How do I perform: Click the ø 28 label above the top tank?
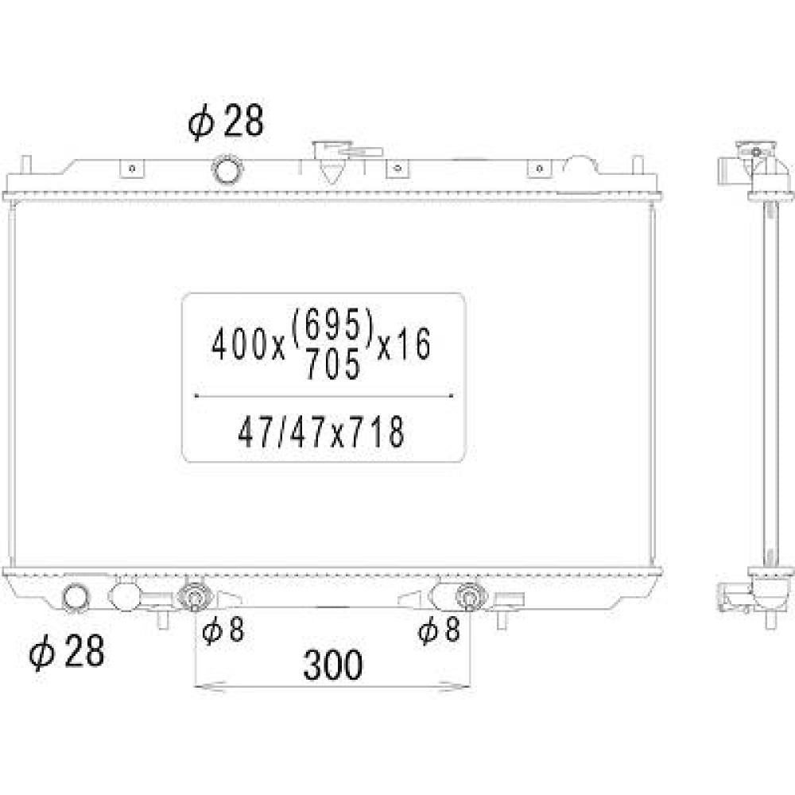(226, 121)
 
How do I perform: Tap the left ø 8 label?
(223, 630)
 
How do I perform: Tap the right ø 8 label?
(439, 630)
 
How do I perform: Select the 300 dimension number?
(333, 664)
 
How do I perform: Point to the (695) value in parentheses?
(332, 325)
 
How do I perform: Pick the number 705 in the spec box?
(332, 363)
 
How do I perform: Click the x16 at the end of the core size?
(404, 344)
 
